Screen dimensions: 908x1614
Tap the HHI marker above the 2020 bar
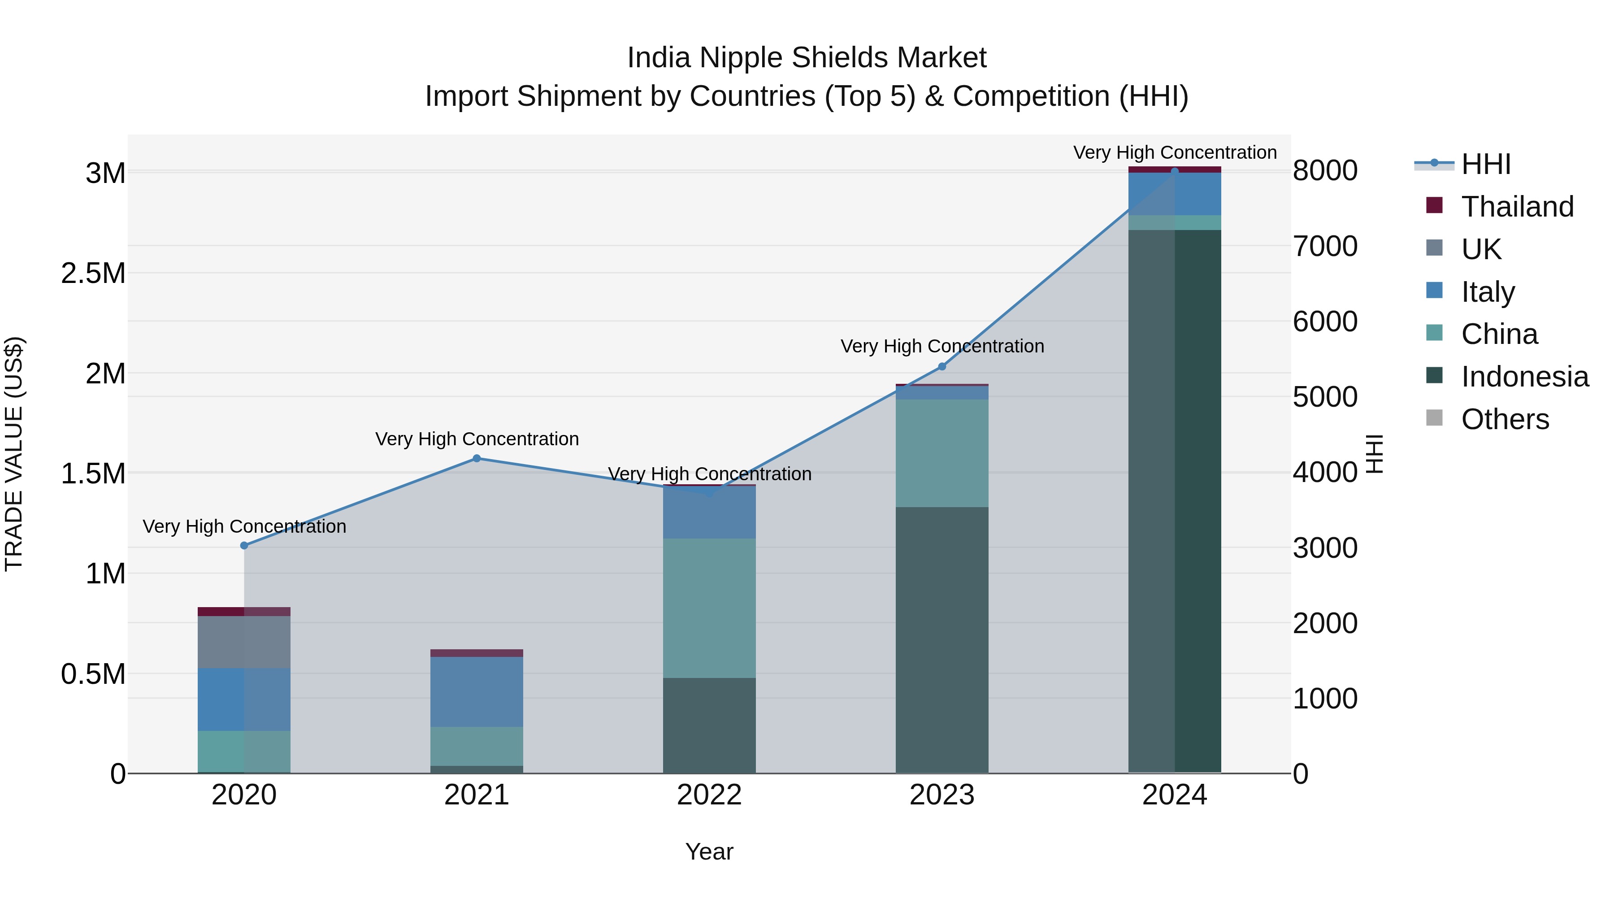point(244,545)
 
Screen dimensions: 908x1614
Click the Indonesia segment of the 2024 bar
point(1175,501)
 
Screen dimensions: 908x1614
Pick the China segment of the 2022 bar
point(709,608)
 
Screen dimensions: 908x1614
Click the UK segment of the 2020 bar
point(244,642)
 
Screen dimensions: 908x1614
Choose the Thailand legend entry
point(1517,207)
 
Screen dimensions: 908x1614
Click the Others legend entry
point(1504,419)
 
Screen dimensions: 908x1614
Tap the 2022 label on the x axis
point(709,795)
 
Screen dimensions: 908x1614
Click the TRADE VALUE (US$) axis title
point(14,454)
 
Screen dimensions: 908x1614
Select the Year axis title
point(709,852)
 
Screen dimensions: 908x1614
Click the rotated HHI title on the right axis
point(1374,454)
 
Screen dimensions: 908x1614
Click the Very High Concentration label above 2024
point(1175,152)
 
